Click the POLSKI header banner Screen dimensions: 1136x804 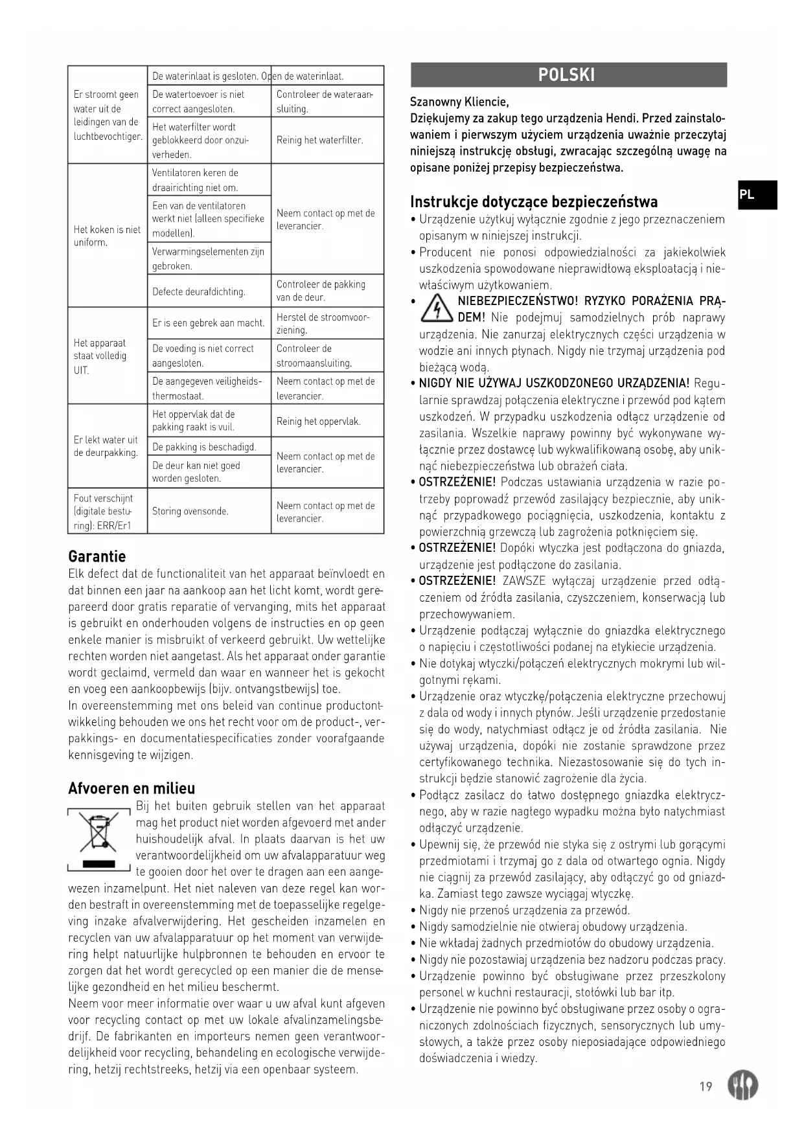point(568,74)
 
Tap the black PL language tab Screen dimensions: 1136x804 point(756,195)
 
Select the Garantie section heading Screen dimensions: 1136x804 point(97,556)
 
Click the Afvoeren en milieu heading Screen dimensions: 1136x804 point(132,788)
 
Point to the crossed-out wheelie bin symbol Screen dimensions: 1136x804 point(99,836)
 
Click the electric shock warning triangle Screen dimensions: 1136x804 point(436,308)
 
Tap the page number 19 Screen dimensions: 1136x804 point(706,1086)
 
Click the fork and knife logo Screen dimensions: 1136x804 point(742,1085)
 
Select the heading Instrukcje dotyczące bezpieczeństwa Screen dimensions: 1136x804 point(533,201)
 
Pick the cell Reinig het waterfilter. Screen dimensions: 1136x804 point(319,140)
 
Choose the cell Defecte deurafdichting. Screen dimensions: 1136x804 point(199,291)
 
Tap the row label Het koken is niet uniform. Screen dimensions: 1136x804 point(107,236)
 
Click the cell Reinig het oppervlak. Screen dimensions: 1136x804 point(318,421)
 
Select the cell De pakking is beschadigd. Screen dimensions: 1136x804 point(204,447)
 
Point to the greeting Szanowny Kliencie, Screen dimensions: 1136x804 point(459,102)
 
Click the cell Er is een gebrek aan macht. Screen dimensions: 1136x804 point(209,323)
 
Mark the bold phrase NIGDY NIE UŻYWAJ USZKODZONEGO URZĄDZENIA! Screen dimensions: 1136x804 point(554,383)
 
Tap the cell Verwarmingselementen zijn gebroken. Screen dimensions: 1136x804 point(208,258)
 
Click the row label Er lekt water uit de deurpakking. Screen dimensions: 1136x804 point(106,446)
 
